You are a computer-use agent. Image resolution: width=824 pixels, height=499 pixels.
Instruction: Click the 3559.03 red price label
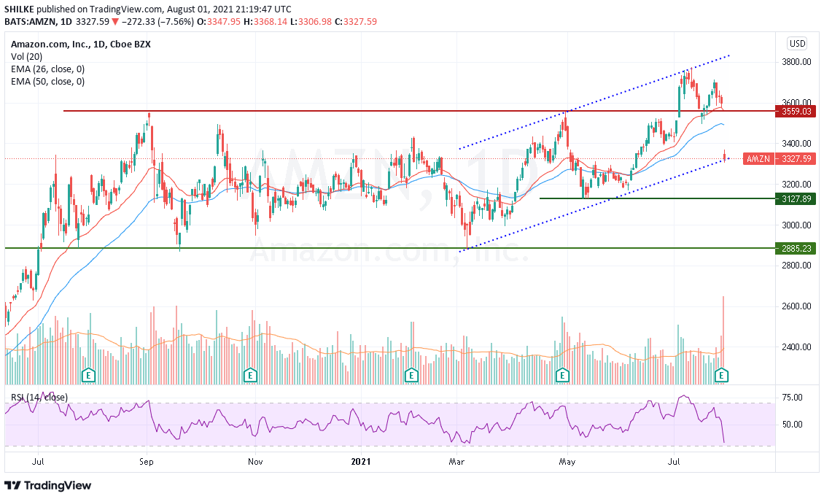[796, 112]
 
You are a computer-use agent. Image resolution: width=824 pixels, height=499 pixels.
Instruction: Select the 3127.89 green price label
[796, 198]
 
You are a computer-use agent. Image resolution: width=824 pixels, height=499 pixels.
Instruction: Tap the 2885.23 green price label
[796, 249]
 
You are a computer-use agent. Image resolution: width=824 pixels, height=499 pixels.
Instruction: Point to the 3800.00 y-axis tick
[796, 62]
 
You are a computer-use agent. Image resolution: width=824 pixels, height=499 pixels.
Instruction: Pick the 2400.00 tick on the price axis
[796, 347]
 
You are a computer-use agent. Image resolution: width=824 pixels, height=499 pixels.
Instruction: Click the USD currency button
[797, 42]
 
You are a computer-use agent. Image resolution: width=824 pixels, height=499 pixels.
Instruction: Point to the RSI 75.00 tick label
[792, 398]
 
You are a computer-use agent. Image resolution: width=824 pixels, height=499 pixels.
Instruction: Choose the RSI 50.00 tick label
[792, 425]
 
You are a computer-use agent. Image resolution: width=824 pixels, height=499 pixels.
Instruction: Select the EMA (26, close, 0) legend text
[47, 69]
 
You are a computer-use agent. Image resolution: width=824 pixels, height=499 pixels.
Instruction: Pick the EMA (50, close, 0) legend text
[47, 82]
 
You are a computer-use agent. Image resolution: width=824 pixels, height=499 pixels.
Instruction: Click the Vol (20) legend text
[27, 56]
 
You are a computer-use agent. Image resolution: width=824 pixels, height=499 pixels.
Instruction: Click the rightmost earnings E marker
[722, 375]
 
